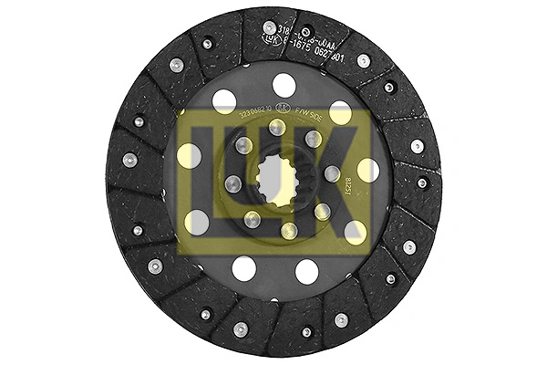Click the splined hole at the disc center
(273, 179)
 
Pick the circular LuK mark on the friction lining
(266, 40)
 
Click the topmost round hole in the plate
(284, 85)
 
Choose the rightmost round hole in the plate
(367, 169)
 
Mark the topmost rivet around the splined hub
(275, 128)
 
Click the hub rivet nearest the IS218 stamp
(332, 173)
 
